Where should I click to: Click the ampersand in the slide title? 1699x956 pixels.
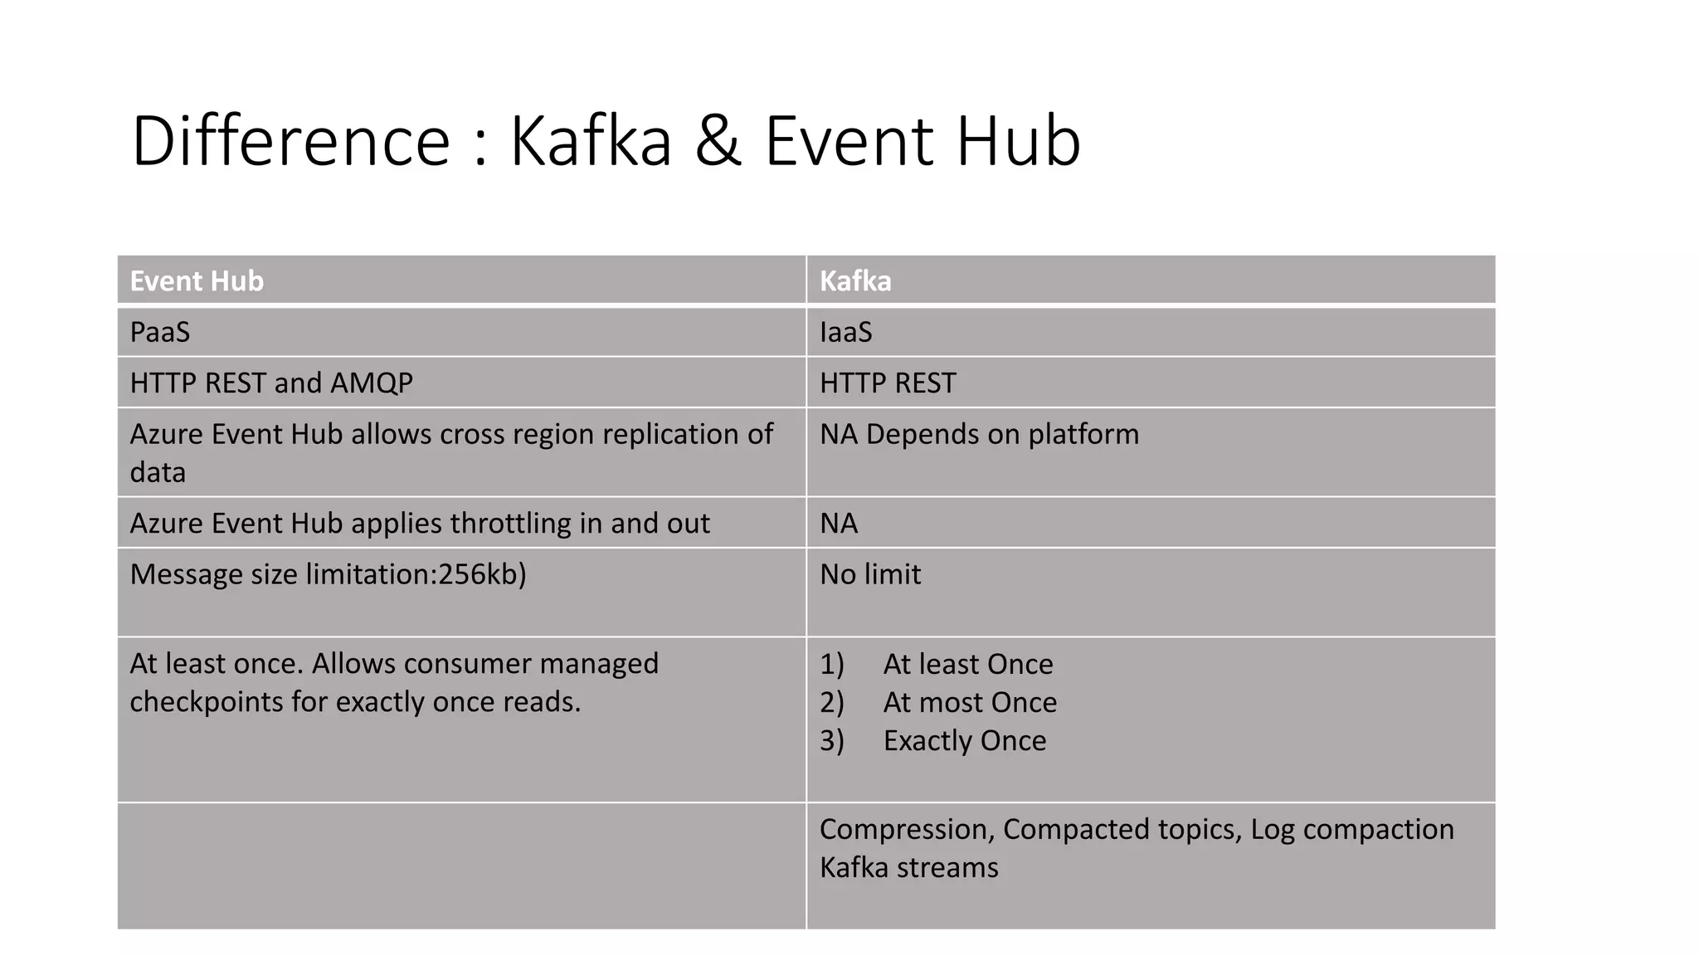coord(718,141)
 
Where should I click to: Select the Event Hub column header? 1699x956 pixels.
coord(197,281)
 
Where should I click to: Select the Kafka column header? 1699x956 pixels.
coord(855,281)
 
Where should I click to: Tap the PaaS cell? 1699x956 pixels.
coord(160,332)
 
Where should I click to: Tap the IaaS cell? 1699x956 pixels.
coord(845,332)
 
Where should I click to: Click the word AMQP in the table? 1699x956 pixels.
coord(371,383)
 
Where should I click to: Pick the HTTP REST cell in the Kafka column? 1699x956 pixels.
coord(888,383)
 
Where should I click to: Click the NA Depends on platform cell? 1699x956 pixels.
coord(979,434)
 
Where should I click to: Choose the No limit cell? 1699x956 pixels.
coord(870,574)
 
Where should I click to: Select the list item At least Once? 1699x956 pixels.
coord(967,664)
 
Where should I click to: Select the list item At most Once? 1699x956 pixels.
coord(970,702)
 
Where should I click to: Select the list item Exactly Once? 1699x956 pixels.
coord(964,740)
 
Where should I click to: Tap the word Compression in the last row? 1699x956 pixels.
coord(907,829)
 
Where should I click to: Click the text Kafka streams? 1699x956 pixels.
coord(908,867)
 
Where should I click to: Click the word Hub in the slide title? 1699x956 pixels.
coord(1018,141)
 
